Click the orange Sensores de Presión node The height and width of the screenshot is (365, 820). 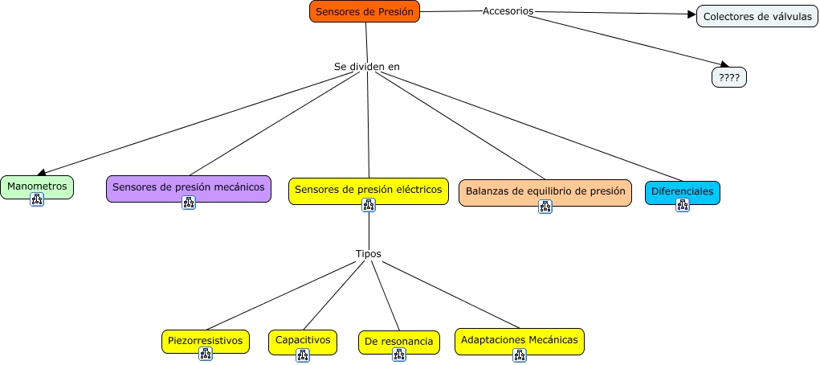click(x=365, y=11)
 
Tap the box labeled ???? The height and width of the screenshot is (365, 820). click(x=728, y=77)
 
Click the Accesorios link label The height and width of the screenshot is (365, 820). click(x=508, y=10)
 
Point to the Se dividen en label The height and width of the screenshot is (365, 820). click(x=367, y=66)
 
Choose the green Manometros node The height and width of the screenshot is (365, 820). click(x=37, y=186)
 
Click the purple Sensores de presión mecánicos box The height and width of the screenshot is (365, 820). click(x=188, y=187)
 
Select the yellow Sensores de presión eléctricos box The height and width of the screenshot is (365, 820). click(x=368, y=190)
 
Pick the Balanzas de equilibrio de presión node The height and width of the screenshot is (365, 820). click(x=545, y=191)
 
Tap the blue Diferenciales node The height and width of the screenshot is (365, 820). click(x=682, y=191)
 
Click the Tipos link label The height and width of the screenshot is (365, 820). click(x=369, y=253)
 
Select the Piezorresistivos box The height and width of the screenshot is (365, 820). click(x=205, y=340)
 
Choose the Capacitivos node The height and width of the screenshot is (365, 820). click(x=303, y=340)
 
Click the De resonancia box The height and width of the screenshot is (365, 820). click(x=398, y=342)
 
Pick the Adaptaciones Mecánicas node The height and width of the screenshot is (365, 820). click(x=519, y=340)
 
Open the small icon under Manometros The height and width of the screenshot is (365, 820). click(x=37, y=199)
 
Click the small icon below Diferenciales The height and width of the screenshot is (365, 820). click(x=683, y=205)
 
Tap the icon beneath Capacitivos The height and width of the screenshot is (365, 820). click(x=303, y=355)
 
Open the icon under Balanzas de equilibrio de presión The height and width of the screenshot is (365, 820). click(x=545, y=207)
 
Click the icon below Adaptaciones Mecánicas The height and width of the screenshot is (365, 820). click(x=519, y=355)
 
